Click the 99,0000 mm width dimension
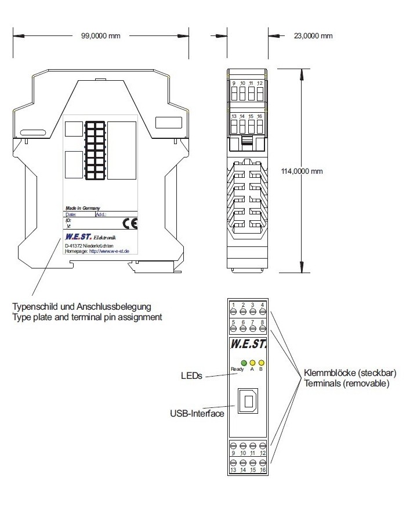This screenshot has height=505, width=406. pos(100,36)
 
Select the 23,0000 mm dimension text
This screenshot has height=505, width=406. pos(313,36)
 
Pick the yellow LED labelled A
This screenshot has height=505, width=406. pos(252,363)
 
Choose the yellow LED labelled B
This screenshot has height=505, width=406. pos(262,363)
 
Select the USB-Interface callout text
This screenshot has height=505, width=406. pos(197,414)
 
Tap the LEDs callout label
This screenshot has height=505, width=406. pos(191,376)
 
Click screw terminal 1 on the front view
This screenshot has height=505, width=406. pos(233,311)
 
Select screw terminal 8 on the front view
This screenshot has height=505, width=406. pos(262,328)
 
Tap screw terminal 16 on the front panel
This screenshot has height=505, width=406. pos(262,463)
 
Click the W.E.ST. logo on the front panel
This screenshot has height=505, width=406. pos(248,344)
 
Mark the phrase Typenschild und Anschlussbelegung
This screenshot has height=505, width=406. pos(82,306)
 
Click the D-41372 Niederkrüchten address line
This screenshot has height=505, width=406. pos(89,246)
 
